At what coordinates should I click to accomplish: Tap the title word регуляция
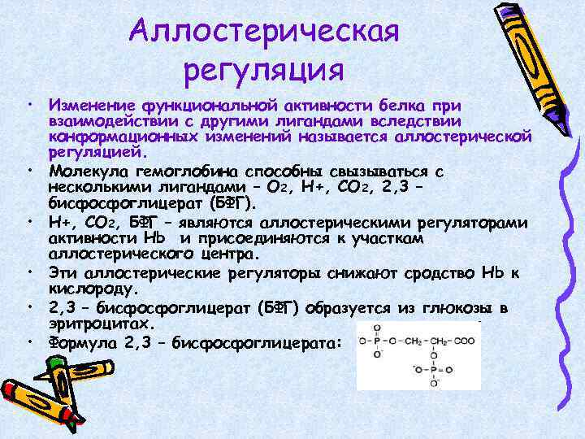[264, 69]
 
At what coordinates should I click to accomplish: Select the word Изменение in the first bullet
[92, 105]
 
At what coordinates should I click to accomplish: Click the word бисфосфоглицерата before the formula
[264, 342]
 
